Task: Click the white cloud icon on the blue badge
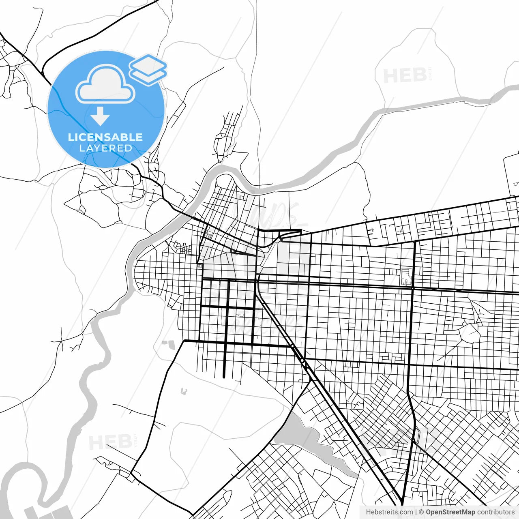point(105,84)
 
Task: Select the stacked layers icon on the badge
point(148,69)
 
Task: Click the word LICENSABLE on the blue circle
point(105,137)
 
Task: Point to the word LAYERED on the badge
point(105,148)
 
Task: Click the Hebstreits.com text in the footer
point(389,512)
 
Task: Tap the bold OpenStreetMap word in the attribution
point(450,512)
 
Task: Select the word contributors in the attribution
point(495,512)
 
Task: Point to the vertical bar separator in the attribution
point(416,512)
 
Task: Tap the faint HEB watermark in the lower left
point(110,442)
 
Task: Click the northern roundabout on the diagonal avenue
point(292,346)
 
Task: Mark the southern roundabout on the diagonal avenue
point(302,360)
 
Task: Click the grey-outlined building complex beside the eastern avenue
point(406,276)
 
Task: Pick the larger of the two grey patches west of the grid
point(171,345)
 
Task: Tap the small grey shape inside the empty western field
point(184,391)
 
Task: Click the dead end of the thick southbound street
point(224,377)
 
